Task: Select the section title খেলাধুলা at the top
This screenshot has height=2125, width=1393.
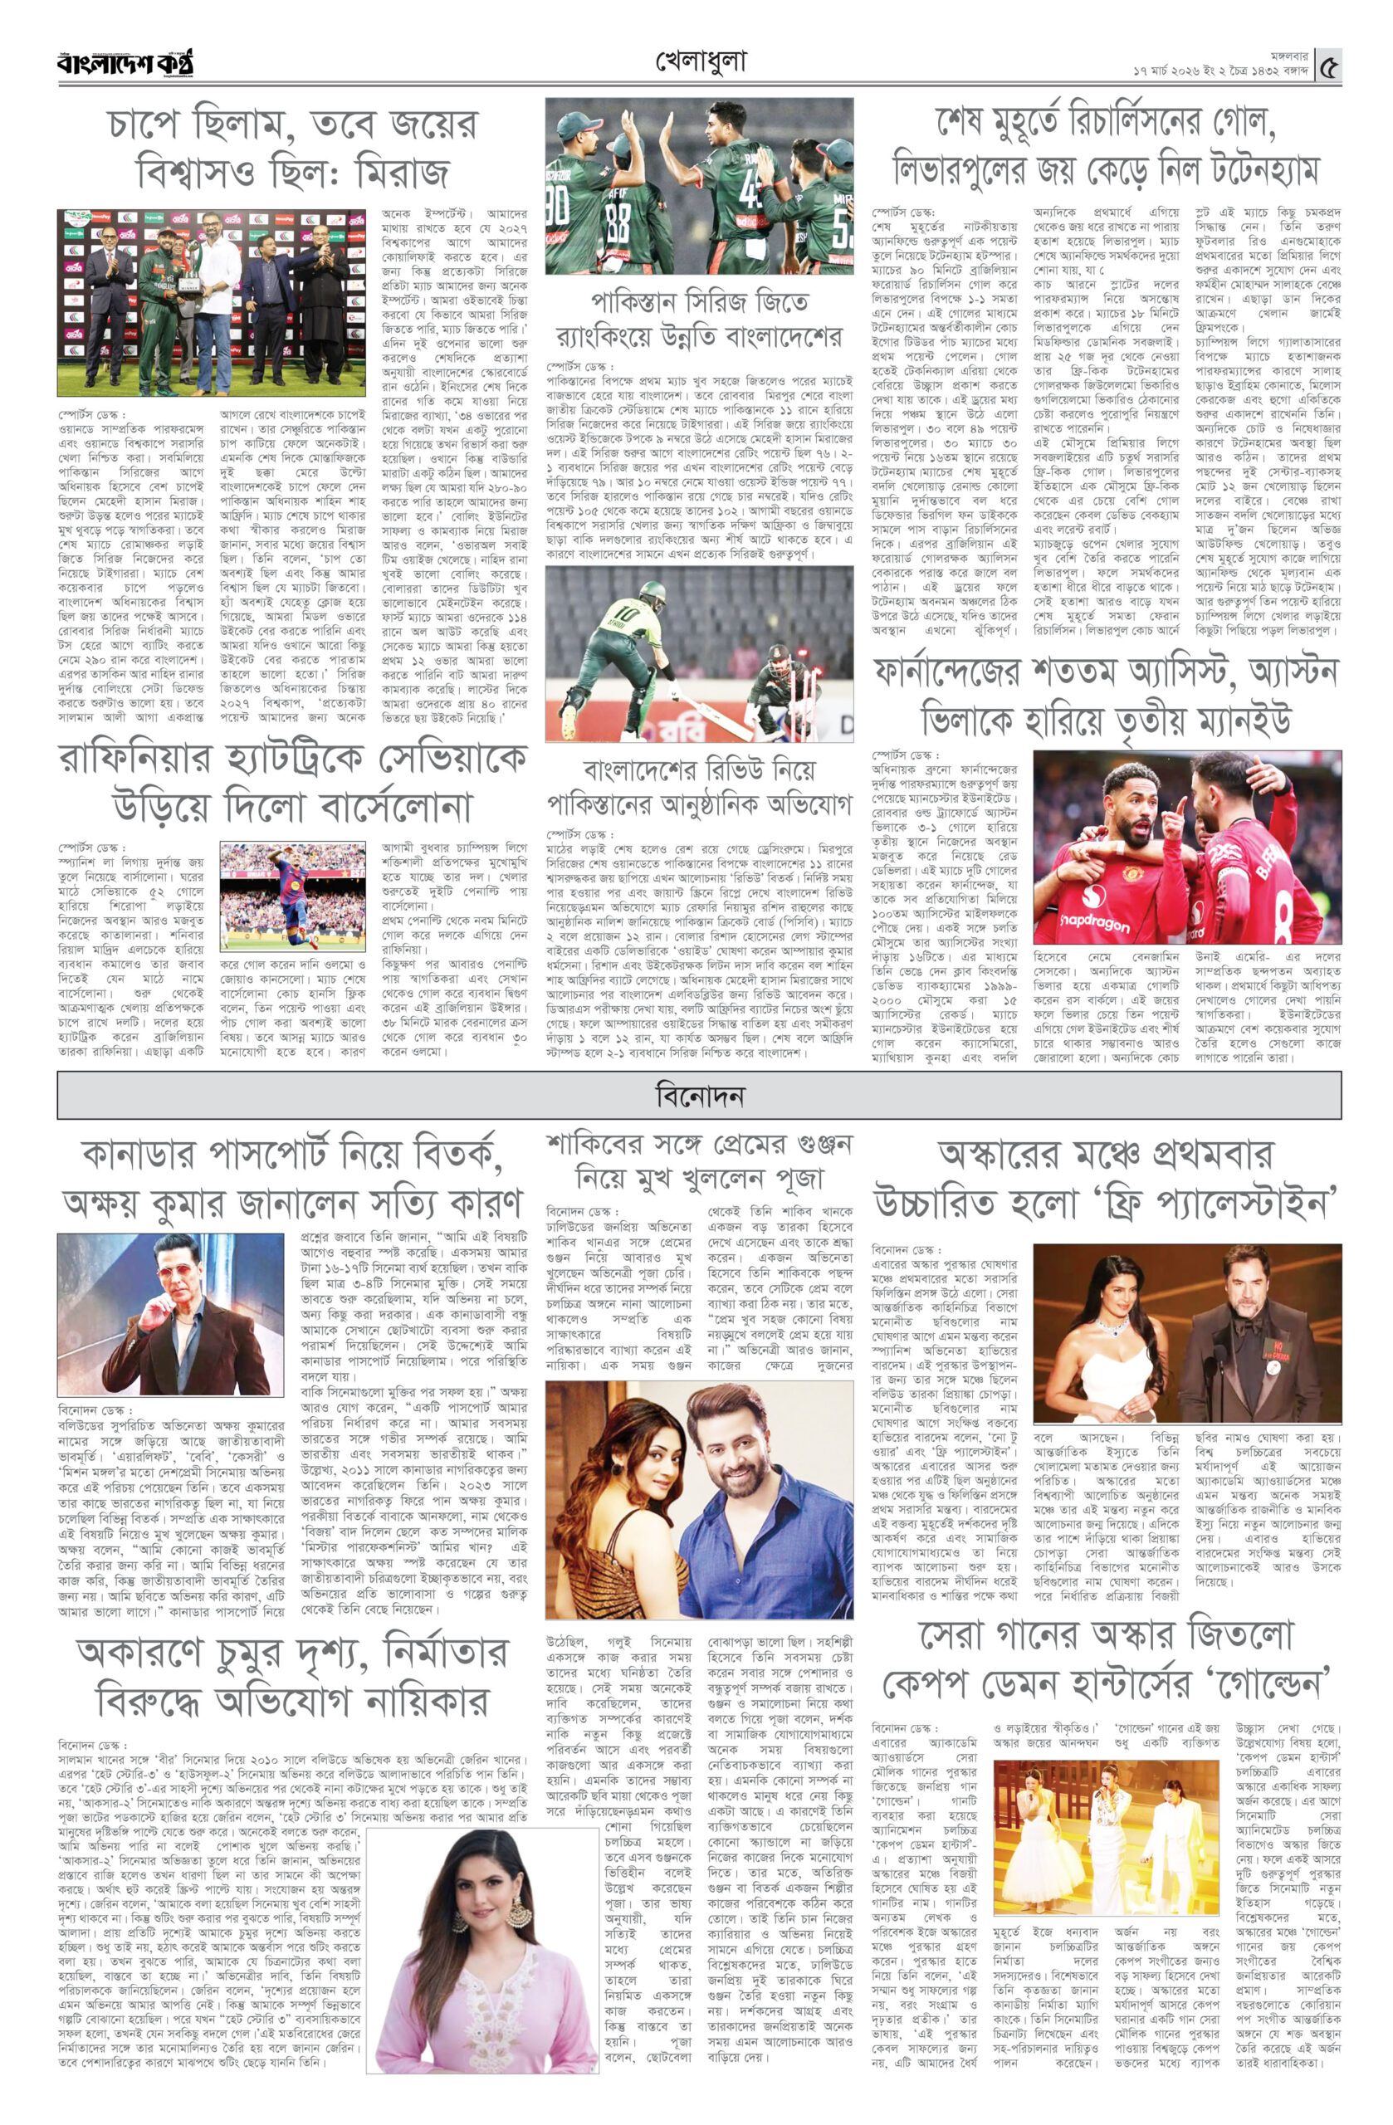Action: click(x=700, y=61)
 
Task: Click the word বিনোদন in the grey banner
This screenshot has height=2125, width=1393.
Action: click(x=699, y=1096)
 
